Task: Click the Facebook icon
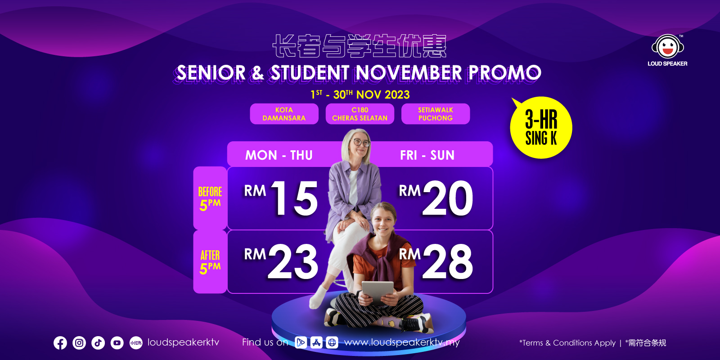(60, 343)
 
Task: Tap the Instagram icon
(79, 343)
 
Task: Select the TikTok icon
(98, 343)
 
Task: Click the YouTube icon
(117, 343)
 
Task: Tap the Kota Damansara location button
(284, 114)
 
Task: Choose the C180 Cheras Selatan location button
(360, 114)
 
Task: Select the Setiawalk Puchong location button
(436, 114)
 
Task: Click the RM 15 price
(281, 198)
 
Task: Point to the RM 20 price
(436, 198)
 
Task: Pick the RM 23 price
(281, 261)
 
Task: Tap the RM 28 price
(436, 261)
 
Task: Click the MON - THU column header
(279, 155)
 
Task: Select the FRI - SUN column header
(427, 155)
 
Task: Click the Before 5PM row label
(210, 198)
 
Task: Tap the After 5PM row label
(210, 261)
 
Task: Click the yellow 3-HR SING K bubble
(541, 128)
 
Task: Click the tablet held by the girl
(378, 292)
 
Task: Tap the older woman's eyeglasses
(362, 142)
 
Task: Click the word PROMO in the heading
(504, 72)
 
